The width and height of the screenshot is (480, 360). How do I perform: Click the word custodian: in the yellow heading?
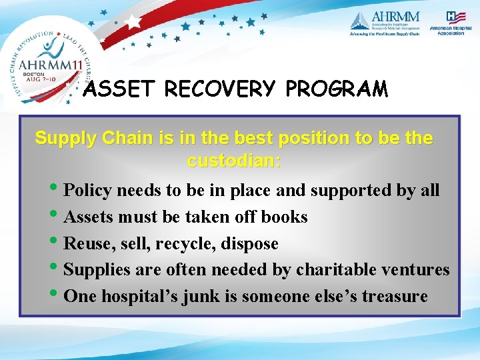click(234, 161)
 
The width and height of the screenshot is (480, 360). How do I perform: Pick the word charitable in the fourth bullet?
click(337, 269)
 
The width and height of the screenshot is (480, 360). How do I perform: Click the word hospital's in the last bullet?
click(132, 296)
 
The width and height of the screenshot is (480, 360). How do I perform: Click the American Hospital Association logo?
click(451, 23)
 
